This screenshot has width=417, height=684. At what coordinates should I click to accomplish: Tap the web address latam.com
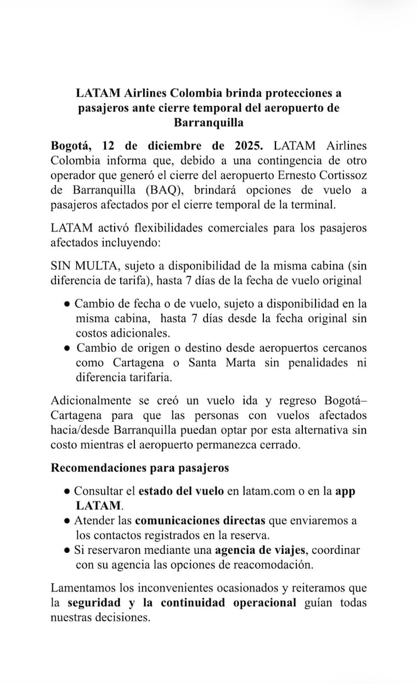[267, 491]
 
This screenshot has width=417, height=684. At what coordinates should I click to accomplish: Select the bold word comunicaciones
[200, 520]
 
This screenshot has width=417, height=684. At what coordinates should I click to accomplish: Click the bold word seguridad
[94, 603]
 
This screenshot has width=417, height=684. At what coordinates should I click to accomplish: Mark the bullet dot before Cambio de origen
[66, 348]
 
